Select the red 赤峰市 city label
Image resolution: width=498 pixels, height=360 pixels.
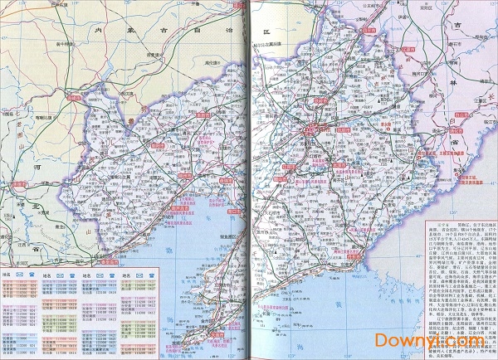pos(76,97)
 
